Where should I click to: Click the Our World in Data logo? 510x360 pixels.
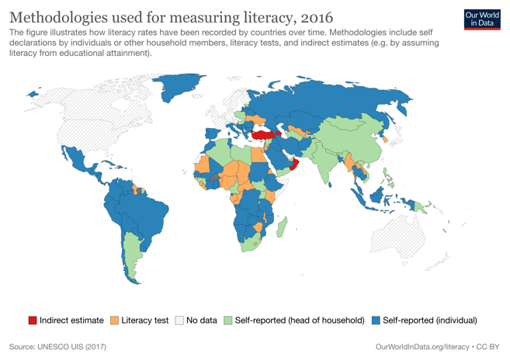click(x=482, y=19)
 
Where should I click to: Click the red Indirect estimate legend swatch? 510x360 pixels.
click(x=33, y=320)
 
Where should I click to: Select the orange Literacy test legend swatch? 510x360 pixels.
click(x=115, y=320)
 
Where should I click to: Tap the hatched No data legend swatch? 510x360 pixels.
click(x=179, y=320)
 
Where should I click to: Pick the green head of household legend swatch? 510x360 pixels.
click(x=228, y=320)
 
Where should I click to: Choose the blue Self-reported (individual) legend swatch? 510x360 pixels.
click(x=376, y=320)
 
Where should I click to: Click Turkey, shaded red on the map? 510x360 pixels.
click(x=265, y=134)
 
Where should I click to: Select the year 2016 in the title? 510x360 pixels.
click(x=312, y=17)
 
